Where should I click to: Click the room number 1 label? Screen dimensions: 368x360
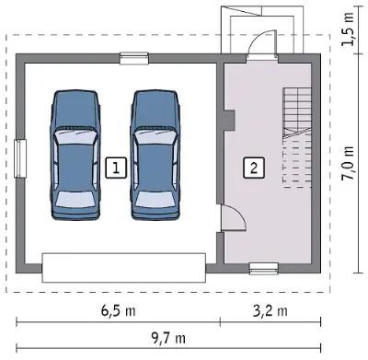(x=116, y=168)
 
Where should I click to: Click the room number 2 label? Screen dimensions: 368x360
(x=254, y=168)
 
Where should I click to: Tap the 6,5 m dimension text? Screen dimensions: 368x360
(x=118, y=311)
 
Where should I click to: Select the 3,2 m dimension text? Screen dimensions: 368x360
(x=270, y=311)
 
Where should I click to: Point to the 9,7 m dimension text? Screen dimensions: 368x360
(x=168, y=338)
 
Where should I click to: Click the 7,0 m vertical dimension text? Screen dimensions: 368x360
(x=349, y=163)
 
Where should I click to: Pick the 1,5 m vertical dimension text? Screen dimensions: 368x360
(x=349, y=29)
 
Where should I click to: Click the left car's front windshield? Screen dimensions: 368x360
(x=75, y=134)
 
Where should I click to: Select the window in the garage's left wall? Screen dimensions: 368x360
(x=20, y=158)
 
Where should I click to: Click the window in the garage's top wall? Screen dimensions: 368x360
(x=134, y=58)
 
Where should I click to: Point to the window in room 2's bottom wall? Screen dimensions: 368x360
(x=264, y=269)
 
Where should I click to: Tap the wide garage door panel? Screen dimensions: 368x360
(x=123, y=267)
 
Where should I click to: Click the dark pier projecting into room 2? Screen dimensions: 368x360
(x=229, y=120)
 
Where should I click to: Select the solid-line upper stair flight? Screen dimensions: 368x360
(x=297, y=111)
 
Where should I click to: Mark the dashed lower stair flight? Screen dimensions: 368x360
(x=297, y=162)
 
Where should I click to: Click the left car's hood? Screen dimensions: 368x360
(x=75, y=107)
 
